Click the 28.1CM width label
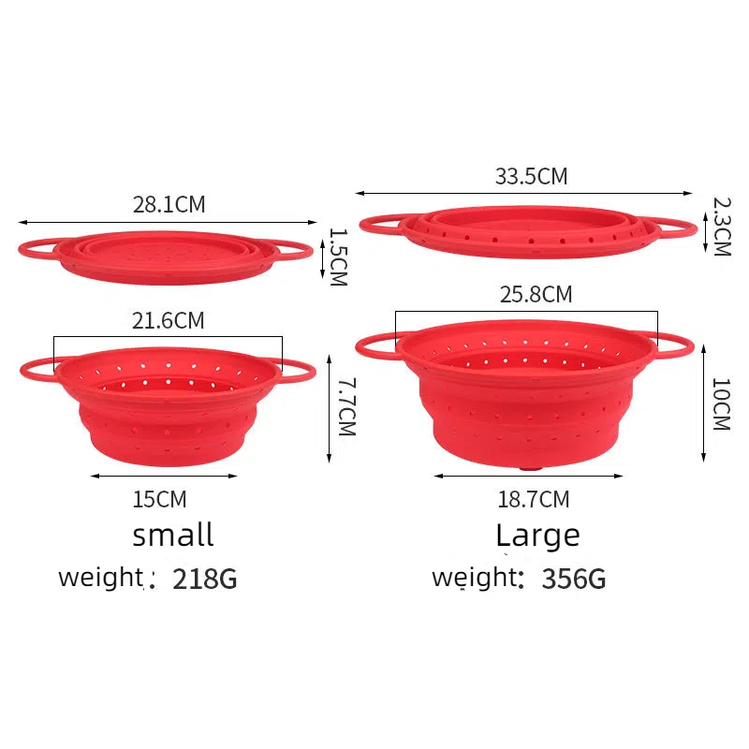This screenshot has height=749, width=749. coord(169,204)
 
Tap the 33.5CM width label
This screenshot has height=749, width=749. coord(531,175)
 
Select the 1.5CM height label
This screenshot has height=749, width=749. coord(338,257)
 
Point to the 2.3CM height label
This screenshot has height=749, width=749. coord(720,226)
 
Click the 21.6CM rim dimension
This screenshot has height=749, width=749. coord(168,320)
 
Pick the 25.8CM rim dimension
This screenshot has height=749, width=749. coord(535,295)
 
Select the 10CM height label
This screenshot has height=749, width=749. coord(720,404)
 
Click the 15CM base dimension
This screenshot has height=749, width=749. coord(159,499)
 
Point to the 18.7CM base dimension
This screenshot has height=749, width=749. coord(534,499)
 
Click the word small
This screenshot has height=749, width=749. coord(173,536)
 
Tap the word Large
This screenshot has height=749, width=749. coord(537,536)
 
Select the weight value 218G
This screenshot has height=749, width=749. coord(205,580)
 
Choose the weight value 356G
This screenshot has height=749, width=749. coord(574,580)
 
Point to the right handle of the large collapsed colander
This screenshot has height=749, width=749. coord(676,228)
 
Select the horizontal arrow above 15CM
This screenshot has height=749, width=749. coord(164,476)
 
